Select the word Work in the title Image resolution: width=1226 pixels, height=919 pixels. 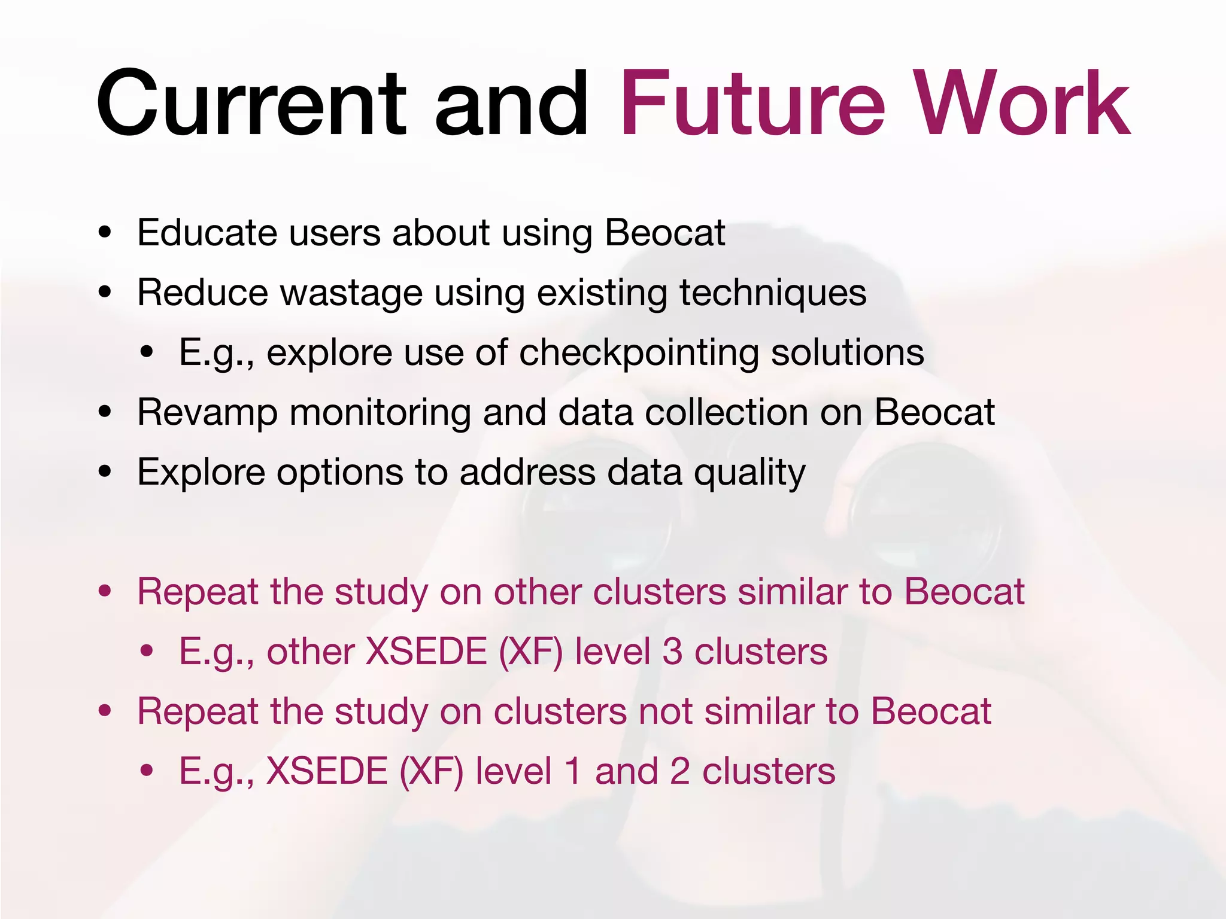1024,105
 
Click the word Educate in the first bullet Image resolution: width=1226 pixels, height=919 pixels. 207,233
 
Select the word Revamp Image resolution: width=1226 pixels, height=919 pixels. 207,413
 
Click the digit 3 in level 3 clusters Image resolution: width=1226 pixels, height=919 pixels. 672,652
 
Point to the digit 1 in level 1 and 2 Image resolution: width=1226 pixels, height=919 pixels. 573,771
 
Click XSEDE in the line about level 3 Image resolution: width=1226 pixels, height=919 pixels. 426,652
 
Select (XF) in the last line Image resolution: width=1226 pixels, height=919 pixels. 431,771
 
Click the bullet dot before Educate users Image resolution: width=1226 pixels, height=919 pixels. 105,233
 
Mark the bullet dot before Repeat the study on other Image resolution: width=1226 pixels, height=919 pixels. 105,592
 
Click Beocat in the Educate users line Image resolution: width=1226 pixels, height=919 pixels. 664,233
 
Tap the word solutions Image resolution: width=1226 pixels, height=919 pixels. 847,353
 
